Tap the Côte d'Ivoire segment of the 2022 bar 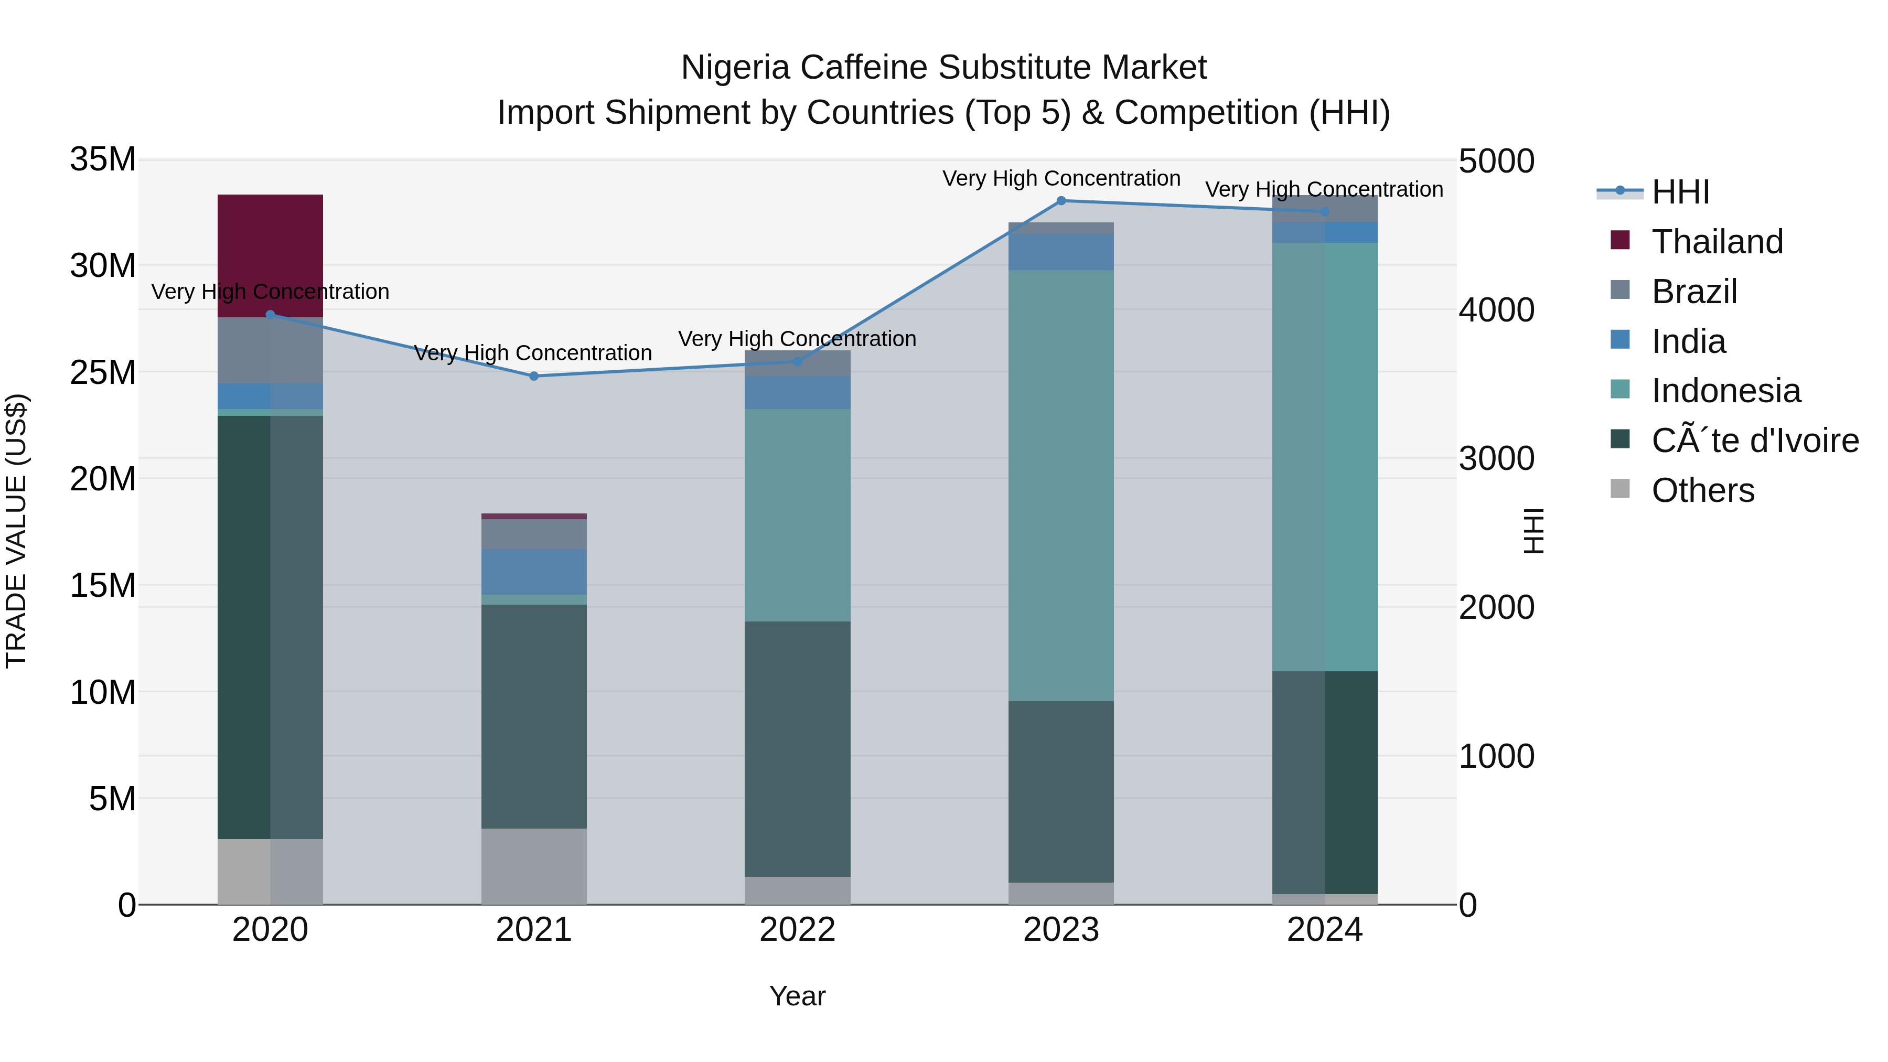click(797, 748)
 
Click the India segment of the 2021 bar click(533, 571)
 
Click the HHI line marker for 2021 click(533, 376)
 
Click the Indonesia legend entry click(1725, 391)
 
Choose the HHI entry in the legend click(1680, 192)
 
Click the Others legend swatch click(1620, 489)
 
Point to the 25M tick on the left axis click(103, 372)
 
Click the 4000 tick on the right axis click(1496, 310)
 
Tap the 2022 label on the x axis click(797, 930)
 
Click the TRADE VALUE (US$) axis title click(16, 531)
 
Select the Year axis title click(797, 996)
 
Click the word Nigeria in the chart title click(735, 68)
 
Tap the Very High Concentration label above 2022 click(797, 339)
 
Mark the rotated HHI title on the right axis click(1532, 531)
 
